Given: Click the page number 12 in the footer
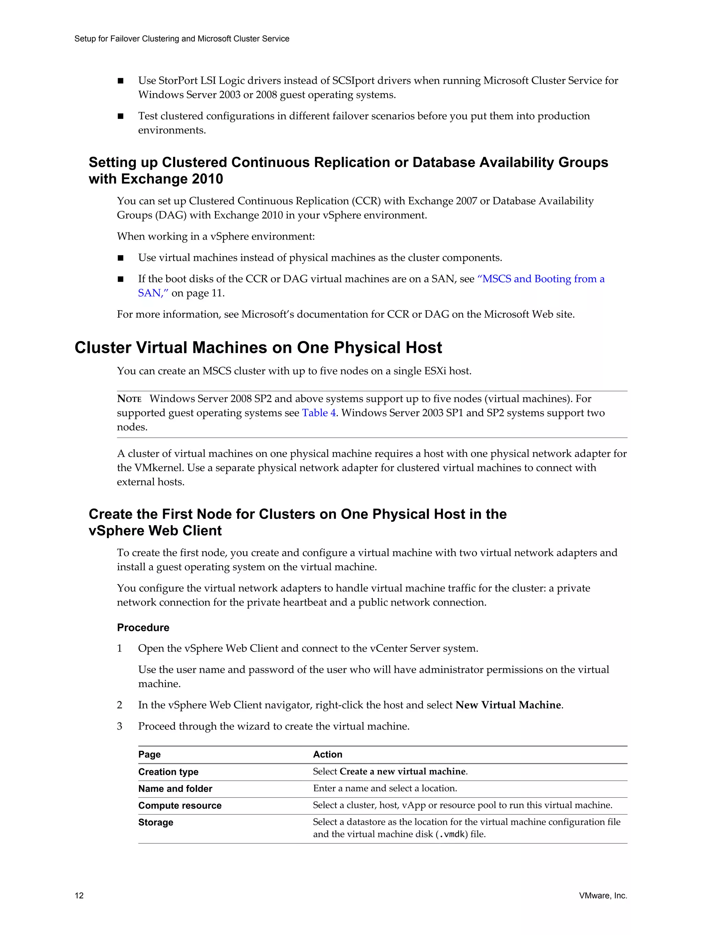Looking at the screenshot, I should pyautogui.click(x=79, y=895).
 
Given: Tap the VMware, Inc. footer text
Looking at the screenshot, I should pyautogui.click(x=603, y=895).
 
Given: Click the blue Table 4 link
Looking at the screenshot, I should pyautogui.click(x=319, y=413).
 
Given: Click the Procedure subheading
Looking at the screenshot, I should pyautogui.click(x=143, y=627).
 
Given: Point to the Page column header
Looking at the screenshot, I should pyautogui.click(x=149, y=755).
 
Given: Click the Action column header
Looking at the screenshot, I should pyautogui.click(x=327, y=755).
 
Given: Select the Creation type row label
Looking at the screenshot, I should pyautogui.click(x=168, y=772).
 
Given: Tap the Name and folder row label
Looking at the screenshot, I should pyautogui.click(x=175, y=789).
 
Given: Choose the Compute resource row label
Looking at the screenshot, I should pyautogui.click(x=180, y=806).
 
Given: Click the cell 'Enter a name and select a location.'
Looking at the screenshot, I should pyautogui.click(x=385, y=788).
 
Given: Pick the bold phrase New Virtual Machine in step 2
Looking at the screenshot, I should pyautogui.click(x=508, y=705).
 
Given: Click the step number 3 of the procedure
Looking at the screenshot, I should pyautogui.click(x=120, y=726).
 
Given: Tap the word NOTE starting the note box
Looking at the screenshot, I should pyautogui.click(x=129, y=399).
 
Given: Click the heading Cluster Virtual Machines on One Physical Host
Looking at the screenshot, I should pyautogui.click(x=258, y=348).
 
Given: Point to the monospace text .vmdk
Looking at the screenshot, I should pyautogui.click(x=452, y=834).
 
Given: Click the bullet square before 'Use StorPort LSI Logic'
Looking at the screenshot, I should pyautogui.click(x=121, y=81).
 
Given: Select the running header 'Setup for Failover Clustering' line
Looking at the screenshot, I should pyautogui.click(x=182, y=39).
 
